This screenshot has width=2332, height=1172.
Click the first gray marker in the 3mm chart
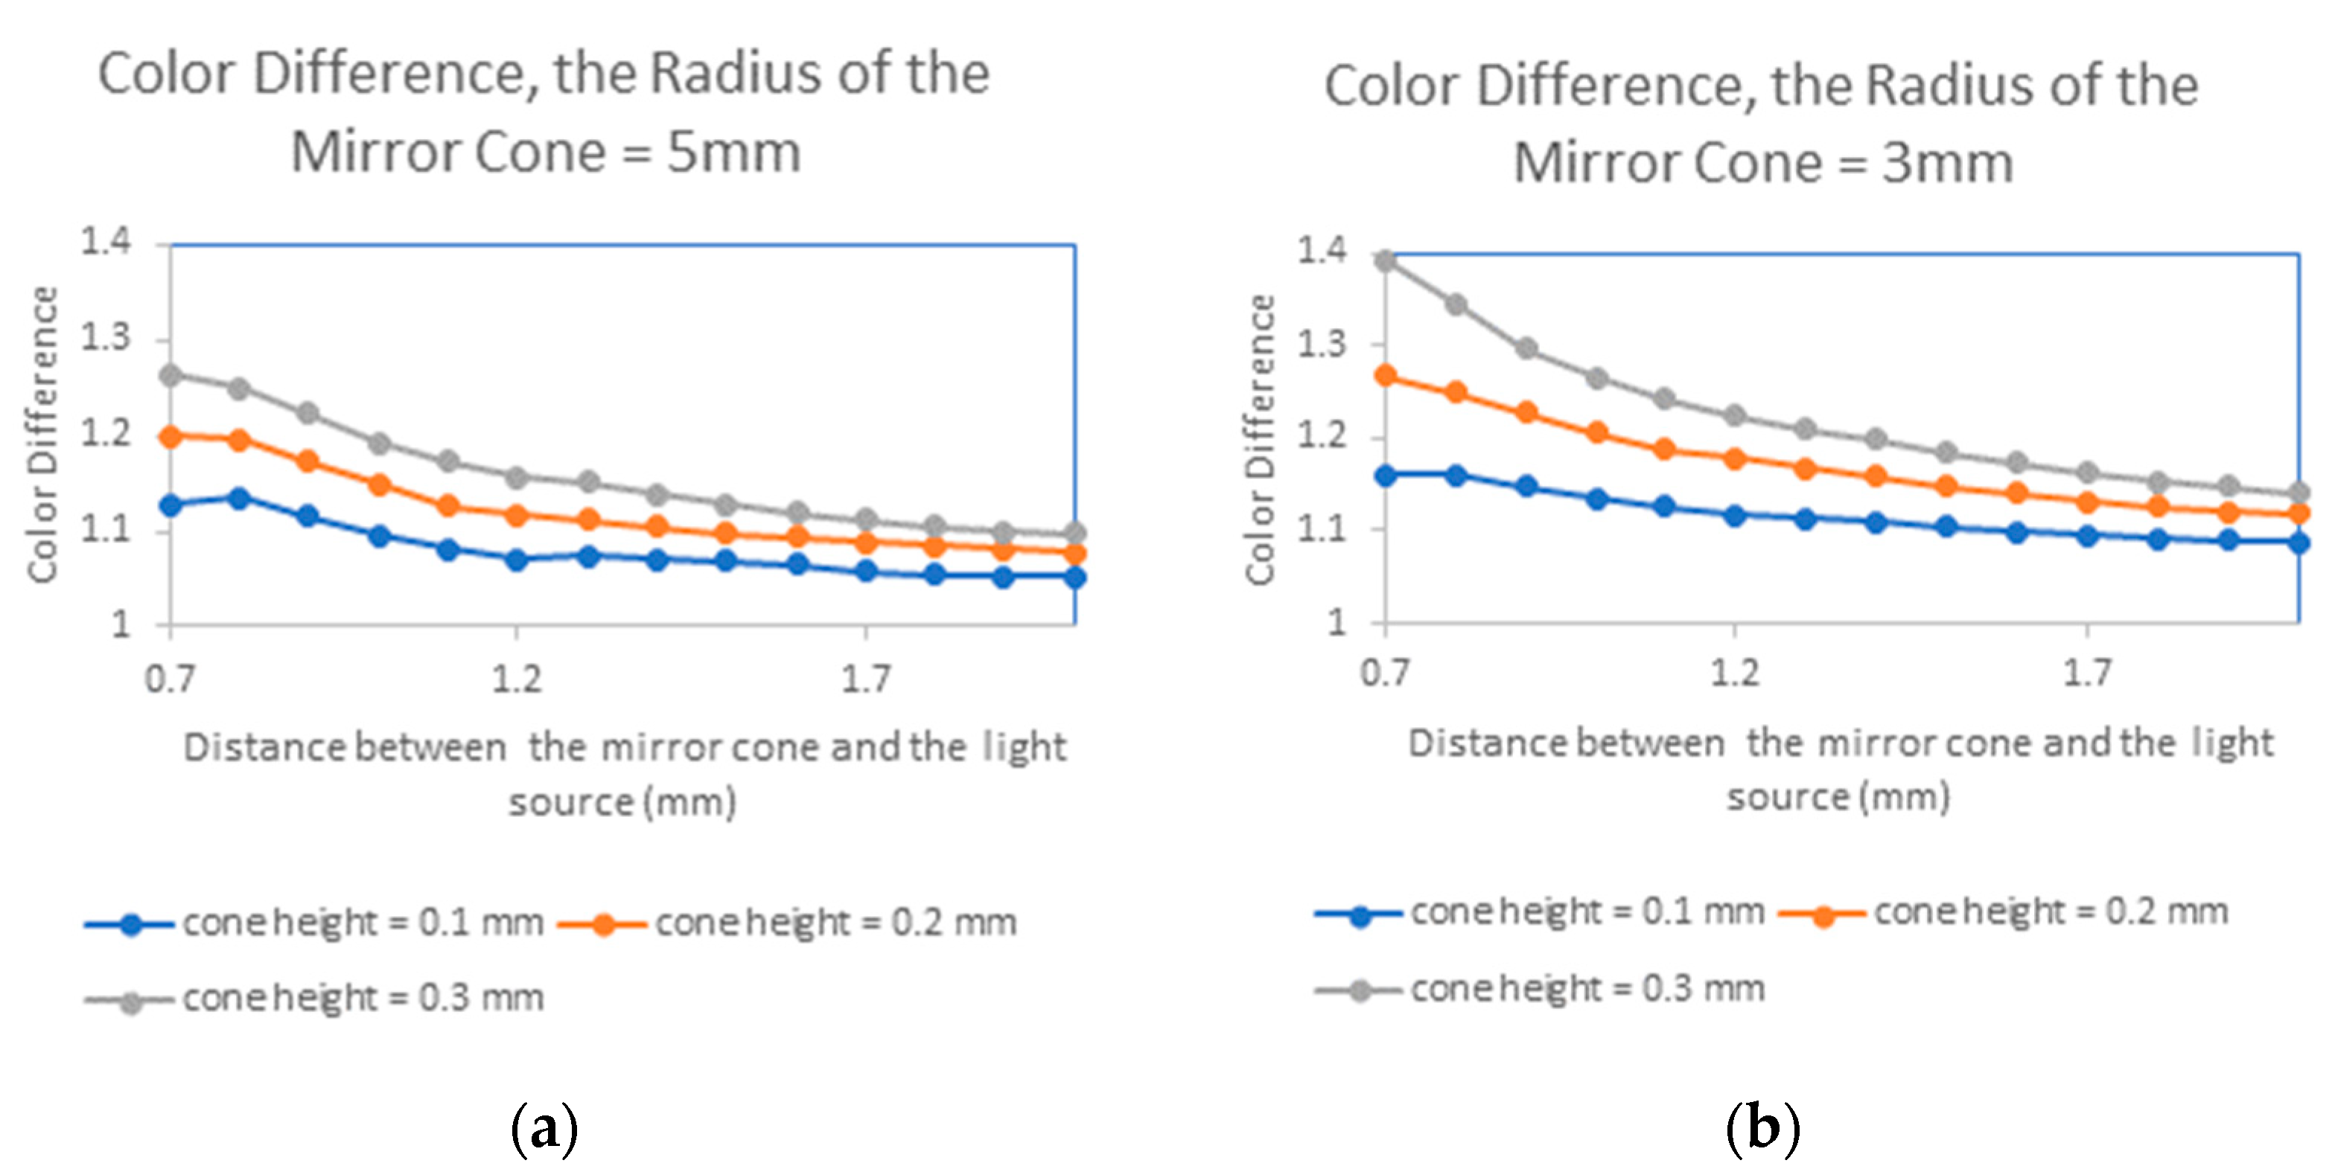coord(1385,260)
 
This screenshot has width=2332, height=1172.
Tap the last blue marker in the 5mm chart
coord(1074,577)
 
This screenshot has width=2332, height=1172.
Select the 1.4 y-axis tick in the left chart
coord(106,242)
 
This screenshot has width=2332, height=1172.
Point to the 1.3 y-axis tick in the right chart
coord(1322,344)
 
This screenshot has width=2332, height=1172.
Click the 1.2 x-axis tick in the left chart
coord(516,679)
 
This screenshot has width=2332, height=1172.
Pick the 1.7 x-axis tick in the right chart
coord(2087,673)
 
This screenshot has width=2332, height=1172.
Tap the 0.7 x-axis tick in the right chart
coord(1385,673)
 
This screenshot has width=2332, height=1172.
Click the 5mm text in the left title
coord(733,152)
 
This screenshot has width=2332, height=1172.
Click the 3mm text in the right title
coord(1948,163)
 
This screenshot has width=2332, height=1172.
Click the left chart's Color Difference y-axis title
coord(42,435)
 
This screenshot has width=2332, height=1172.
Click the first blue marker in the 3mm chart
coord(1385,475)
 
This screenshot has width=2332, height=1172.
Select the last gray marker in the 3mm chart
coord(2298,493)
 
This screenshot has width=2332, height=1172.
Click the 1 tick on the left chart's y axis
coord(121,624)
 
